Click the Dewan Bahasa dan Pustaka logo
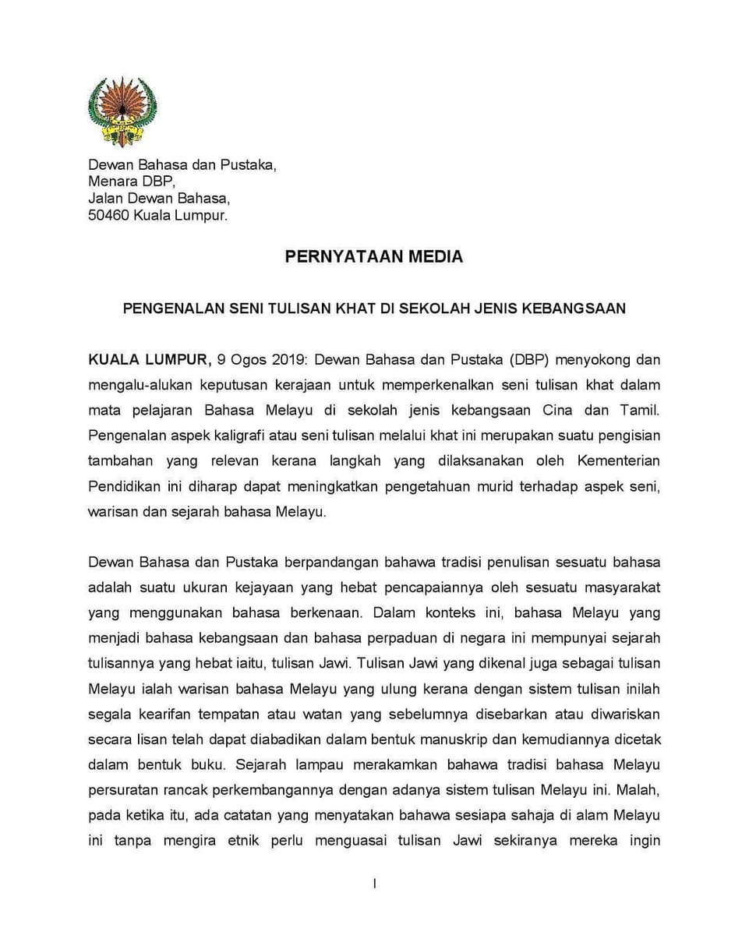pos(122,111)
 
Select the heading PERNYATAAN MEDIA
pos(373,256)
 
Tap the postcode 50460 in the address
pos(108,215)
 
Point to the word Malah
pos(638,789)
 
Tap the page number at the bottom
pos(375,884)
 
